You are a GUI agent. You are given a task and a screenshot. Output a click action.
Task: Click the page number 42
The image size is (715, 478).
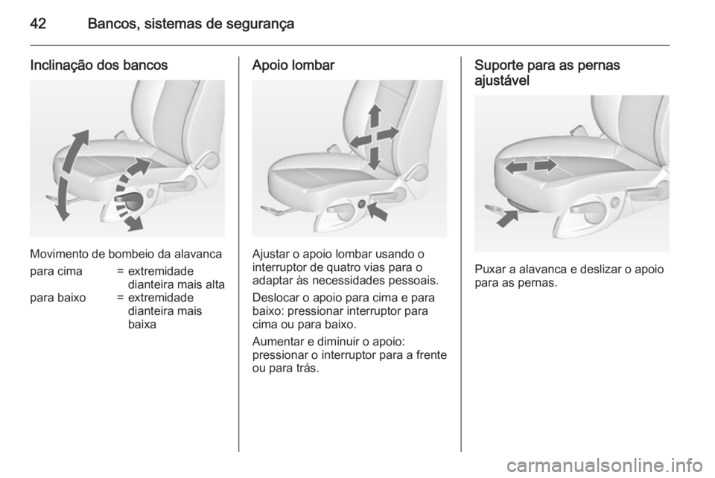tap(42, 24)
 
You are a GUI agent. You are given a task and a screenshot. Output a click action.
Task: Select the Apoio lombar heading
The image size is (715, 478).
tap(294, 65)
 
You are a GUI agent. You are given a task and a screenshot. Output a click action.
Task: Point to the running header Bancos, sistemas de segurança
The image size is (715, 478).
tap(191, 24)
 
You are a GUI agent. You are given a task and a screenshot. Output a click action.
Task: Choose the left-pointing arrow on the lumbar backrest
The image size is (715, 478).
tap(357, 141)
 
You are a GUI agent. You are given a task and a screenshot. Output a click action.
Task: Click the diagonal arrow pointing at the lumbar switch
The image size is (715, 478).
tap(377, 212)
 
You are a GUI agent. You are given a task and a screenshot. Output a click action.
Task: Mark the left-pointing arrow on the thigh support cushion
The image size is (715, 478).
tap(514, 168)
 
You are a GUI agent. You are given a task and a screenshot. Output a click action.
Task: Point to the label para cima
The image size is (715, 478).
tap(52, 270)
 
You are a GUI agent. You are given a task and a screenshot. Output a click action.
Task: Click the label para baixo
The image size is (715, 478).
tap(54, 298)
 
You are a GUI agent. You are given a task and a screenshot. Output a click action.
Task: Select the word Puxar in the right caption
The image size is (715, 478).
tap(489, 270)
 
